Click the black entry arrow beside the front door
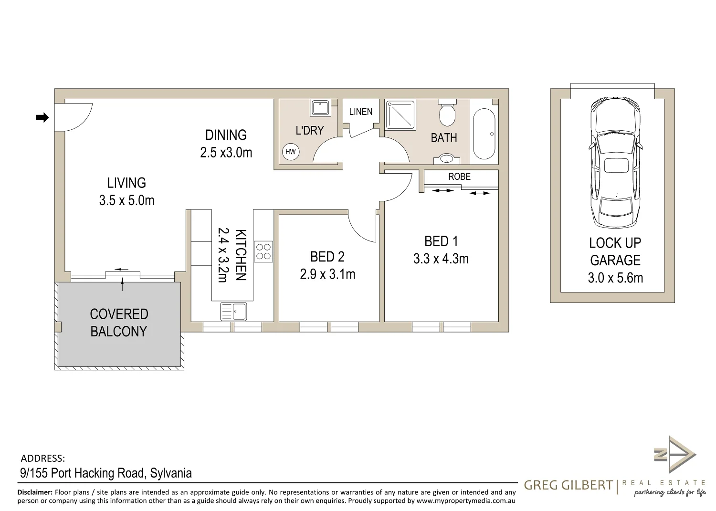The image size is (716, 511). (42, 117)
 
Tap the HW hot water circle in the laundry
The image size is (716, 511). (291, 151)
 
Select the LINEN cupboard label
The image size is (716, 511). (360, 112)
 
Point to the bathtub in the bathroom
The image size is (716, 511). (484, 134)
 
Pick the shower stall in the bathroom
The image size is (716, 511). (401, 115)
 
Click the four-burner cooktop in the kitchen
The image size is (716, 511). (263, 251)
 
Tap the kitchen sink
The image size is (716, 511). (233, 311)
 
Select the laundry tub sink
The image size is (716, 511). (320, 108)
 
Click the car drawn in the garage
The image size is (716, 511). (616, 162)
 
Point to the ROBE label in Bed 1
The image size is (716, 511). (459, 177)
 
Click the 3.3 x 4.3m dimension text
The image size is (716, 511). (441, 259)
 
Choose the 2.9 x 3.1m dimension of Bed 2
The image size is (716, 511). (327, 274)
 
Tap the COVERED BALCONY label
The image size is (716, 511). (119, 323)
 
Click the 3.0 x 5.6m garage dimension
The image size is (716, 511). (615, 278)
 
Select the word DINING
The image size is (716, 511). (226, 135)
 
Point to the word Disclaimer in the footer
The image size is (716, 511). (35, 492)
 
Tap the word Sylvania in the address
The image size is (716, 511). (171, 473)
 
